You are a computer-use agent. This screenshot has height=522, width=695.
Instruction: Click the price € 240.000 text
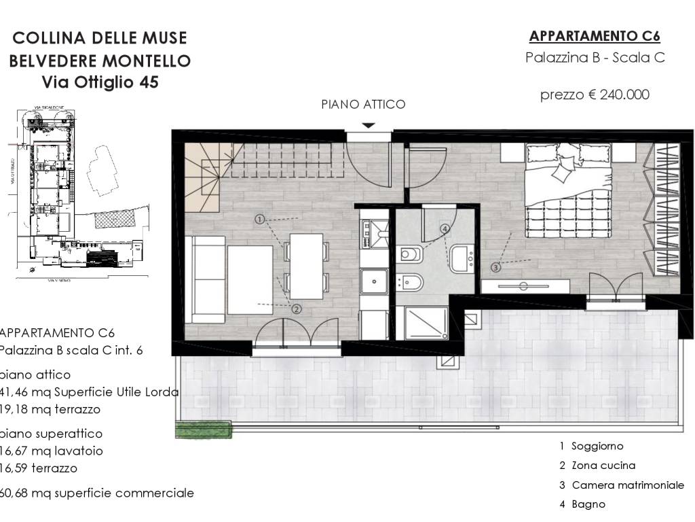click(x=595, y=94)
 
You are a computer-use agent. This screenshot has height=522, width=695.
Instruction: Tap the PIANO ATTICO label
click(x=363, y=104)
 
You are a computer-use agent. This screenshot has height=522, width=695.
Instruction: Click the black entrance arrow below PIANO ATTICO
click(x=368, y=125)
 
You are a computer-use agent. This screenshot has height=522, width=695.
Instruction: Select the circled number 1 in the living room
click(x=259, y=219)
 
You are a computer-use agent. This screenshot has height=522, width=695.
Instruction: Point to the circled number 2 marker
click(x=297, y=308)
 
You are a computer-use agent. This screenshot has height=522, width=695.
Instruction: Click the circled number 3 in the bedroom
click(x=496, y=267)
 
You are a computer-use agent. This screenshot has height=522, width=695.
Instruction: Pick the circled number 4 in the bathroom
click(x=445, y=229)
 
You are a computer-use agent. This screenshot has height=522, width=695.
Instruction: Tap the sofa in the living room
click(x=208, y=279)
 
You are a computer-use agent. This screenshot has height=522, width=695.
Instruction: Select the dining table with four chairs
click(x=306, y=266)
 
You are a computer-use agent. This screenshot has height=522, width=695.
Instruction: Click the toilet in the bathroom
click(x=411, y=254)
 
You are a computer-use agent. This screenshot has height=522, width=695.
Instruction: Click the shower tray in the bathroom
click(x=426, y=323)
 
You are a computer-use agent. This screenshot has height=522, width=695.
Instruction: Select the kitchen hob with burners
click(x=373, y=232)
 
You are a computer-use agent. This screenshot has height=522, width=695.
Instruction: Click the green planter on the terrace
click(x=203, y=429)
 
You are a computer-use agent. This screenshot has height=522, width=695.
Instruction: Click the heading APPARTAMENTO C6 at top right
click(x=595, y=36)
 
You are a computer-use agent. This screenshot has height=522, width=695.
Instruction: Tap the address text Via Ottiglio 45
click(x=100, y=82)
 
